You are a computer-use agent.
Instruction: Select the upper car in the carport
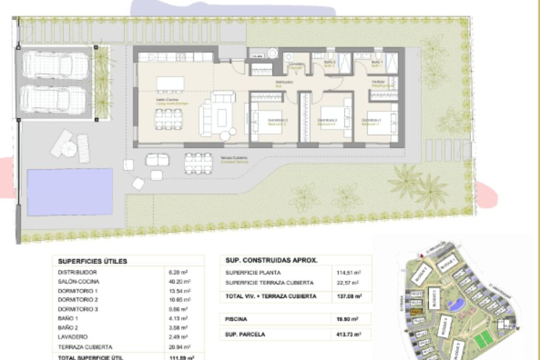(55, 66)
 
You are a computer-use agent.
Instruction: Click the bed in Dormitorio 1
(382, 122)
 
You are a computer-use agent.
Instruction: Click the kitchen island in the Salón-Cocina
(170, 84)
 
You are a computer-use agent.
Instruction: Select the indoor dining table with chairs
(169, 119)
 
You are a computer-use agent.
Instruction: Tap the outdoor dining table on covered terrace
(198, 163)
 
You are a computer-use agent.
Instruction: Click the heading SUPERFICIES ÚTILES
(92, 261)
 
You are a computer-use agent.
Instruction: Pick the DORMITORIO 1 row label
(78, 291)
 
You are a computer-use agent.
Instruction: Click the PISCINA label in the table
(236, 319)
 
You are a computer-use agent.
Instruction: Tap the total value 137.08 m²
(349, 296)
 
